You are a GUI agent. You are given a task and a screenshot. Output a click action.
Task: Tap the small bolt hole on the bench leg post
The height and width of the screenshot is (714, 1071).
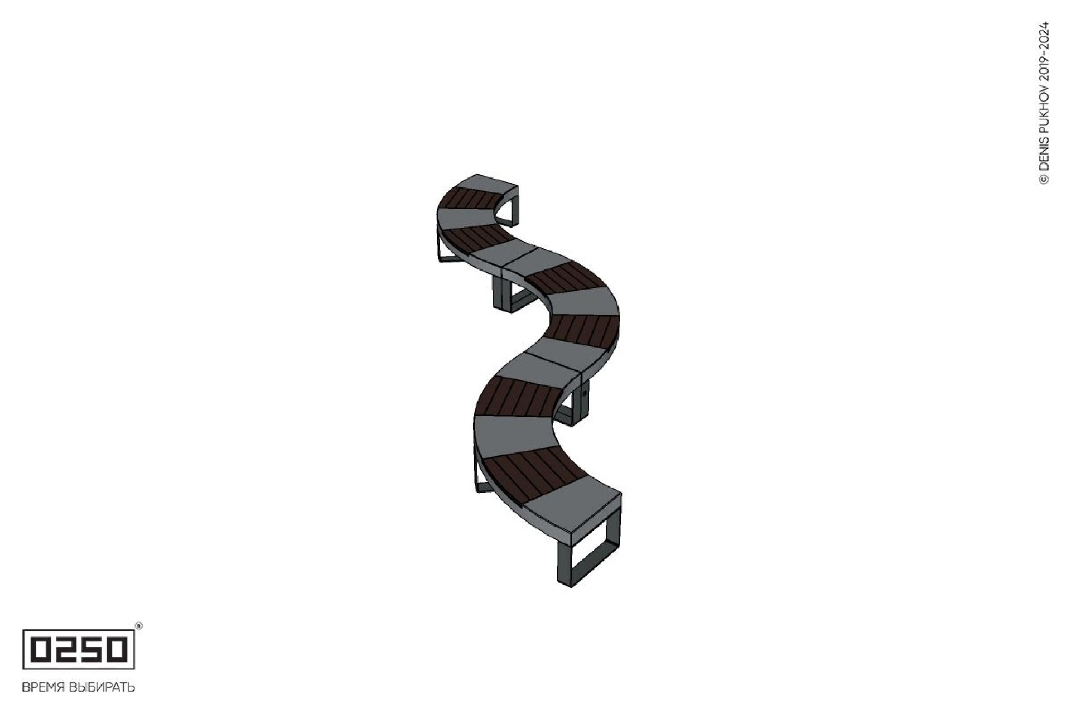click(585, 394)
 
